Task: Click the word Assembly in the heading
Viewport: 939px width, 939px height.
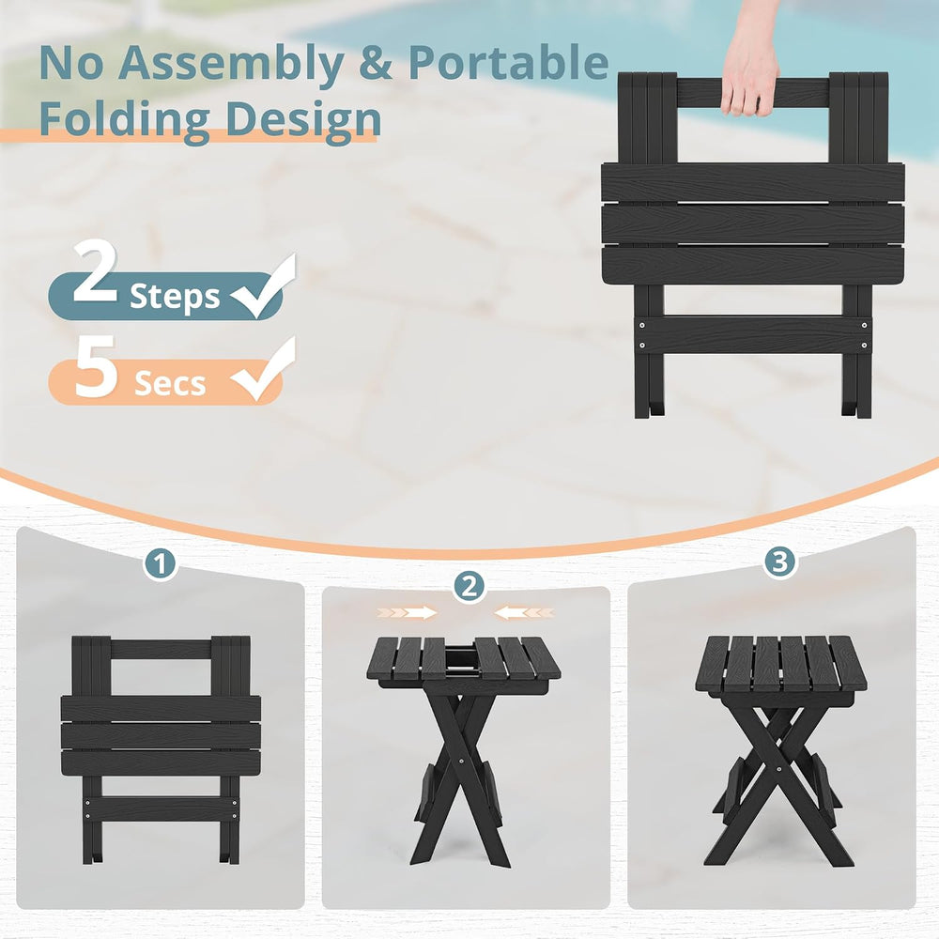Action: (x=231, y=65)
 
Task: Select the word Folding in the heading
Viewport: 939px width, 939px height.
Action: (x=123, y=120)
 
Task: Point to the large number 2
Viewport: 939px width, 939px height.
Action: (x=95, y=270)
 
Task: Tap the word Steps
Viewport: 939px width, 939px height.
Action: (x=175, y=297)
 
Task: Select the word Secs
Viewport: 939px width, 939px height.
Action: (x=170, y=383)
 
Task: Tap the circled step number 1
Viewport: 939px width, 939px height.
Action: (x=160, y=563)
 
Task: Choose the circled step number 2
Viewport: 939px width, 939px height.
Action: (x=469, y=586)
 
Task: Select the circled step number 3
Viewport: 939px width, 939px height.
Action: (x=779, y=562)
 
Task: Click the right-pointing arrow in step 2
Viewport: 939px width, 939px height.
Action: (x=408, y=612)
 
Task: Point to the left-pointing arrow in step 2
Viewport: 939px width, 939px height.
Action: (x=524, y=612)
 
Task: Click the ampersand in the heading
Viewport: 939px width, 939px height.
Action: (x=376, y=63)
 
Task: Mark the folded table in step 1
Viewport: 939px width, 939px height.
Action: (x=161, y=748)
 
